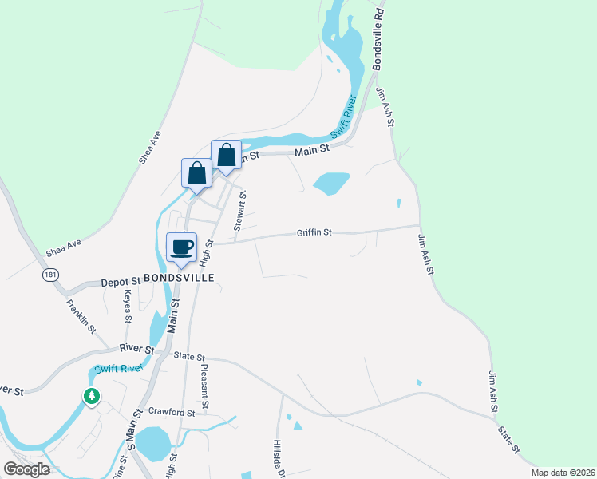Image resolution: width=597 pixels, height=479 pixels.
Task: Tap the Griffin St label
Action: click(x=314, y=233)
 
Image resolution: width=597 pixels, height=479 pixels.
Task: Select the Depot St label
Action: click(x=121, y=282)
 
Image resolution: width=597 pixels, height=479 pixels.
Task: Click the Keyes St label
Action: click(x=128, y=306)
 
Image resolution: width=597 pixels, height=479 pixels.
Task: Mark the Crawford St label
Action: click(x=172, y=413)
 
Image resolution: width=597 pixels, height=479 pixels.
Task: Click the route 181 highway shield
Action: click(x=50, y=275)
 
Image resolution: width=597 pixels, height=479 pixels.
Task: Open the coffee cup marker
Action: click(x=181, y=247)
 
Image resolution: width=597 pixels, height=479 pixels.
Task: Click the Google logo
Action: click(x=26, y=469)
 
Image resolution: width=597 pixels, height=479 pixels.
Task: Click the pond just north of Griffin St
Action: click(x=331, y=184)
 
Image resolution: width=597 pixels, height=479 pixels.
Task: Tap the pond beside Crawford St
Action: click(x=152, y=441)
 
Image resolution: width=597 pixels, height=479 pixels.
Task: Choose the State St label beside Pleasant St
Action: click(x=190, y=358)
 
